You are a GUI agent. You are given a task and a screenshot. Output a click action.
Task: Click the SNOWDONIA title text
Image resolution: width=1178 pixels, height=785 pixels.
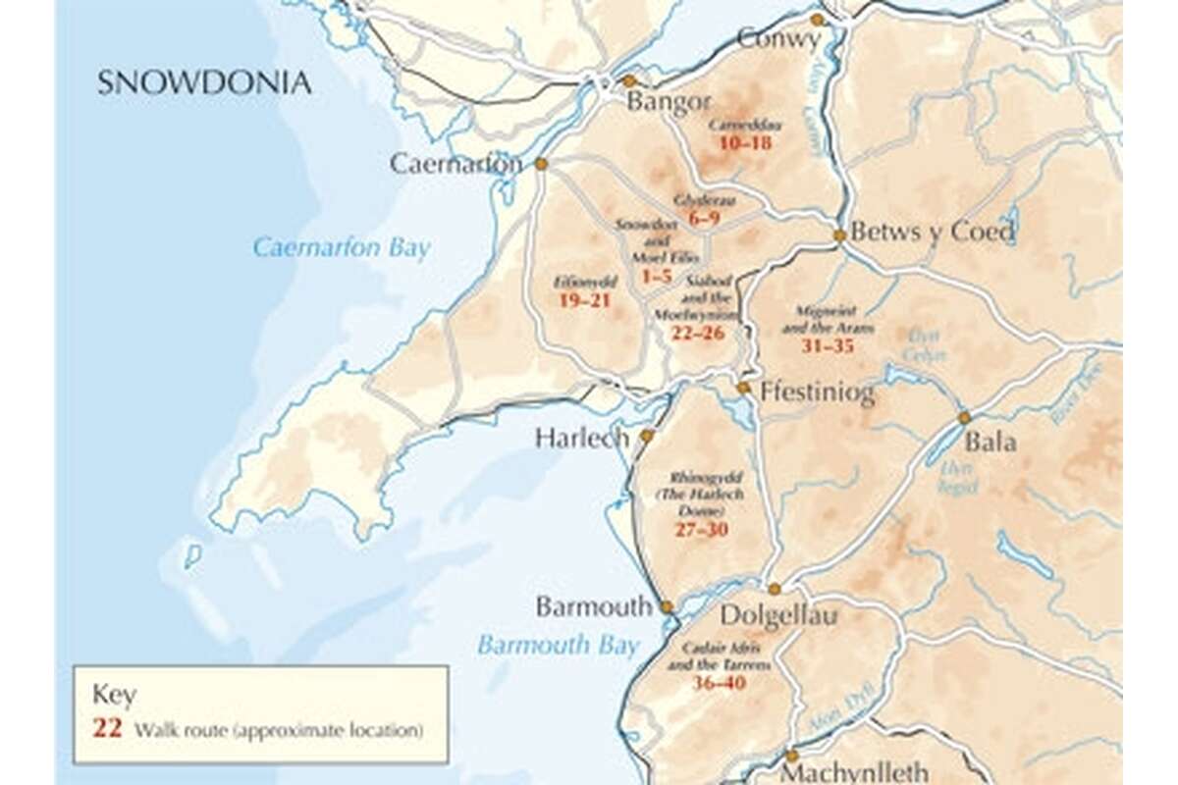pyautogui.click(x=204, y=82)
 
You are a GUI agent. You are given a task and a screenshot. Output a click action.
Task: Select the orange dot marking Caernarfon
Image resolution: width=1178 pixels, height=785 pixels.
pyautogui.click(x=541, y=164)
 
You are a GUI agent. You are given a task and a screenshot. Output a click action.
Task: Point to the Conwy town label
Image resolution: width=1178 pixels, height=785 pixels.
pyautogui.click(x=778, y=39)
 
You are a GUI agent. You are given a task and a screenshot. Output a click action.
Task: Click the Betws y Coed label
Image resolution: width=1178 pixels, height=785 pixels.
pyautogui.click(x=932, y=233)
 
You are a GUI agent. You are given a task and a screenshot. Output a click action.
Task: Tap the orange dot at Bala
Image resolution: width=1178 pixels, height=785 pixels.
pyautogui.click(x=964, y=418)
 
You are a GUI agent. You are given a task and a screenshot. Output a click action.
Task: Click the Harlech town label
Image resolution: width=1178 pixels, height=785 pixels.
pyautogui.click(x=581, y=439)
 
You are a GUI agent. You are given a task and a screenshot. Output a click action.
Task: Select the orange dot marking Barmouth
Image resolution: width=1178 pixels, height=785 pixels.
pyautogui.click(x=666, y=607)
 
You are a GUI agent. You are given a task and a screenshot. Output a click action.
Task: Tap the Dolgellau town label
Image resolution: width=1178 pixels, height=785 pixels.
pyautogui.click(x=779, y=615)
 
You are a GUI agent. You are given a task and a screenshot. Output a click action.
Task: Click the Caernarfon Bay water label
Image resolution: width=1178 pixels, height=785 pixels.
pyautogui.click(x=341, y=247)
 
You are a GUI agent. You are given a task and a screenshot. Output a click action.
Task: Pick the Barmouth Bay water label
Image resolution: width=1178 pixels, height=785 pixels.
pyautogui.click(x=558, y=645)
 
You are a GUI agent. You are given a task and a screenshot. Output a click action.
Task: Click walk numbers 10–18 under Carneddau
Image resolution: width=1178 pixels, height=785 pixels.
pyautogui.click(x=745, y=143)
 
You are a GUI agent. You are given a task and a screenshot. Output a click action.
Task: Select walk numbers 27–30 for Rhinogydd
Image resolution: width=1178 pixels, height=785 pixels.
pyautogui.click(x=701, y=529)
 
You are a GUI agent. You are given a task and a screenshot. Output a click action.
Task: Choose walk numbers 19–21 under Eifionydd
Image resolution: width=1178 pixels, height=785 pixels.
pyautogui.click(x=584, y=300)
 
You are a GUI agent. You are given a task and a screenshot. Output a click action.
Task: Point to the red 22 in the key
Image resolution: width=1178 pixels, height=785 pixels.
pyautogui.click(x=107, y=729)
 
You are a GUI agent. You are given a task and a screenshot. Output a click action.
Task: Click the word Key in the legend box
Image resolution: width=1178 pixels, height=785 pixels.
pyautogui.click(x=114, y=695)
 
